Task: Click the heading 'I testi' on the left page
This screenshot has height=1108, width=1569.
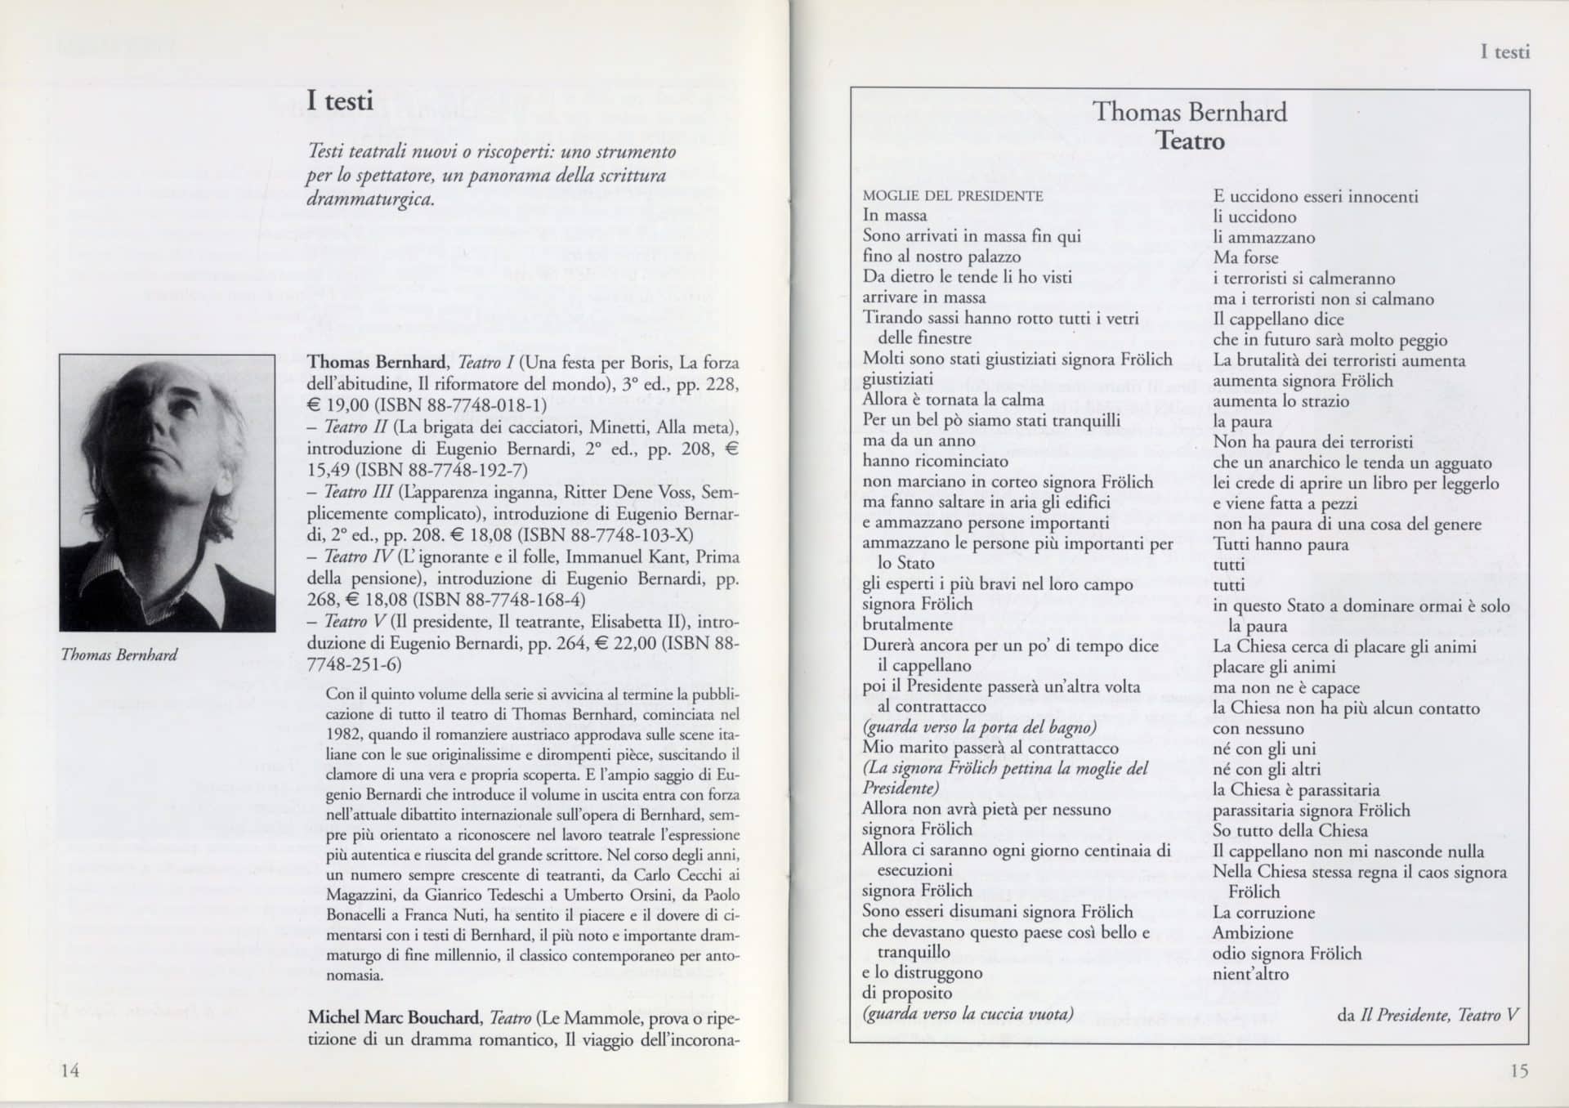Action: [340, 101]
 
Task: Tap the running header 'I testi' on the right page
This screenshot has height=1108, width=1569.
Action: [1504, 52]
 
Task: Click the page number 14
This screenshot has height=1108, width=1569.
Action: [70, 1070]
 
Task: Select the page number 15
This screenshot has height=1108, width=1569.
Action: [1518, 1070]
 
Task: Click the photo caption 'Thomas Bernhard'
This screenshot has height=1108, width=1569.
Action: [119, 655]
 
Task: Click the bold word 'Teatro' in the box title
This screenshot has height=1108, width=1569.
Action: [1190, 141]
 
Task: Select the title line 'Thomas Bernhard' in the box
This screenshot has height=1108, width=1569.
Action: [1190, 112]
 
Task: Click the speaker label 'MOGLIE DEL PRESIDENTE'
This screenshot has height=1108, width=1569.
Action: [953, 196]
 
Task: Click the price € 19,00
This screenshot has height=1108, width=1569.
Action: [337, 405]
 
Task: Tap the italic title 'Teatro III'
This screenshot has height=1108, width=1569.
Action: [358, 492]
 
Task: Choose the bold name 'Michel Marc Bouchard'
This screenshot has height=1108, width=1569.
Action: [394, 1017]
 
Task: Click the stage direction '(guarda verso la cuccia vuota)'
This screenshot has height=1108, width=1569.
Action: [968, 1014]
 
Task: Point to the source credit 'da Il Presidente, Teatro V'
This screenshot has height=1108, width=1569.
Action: [1428, 1015]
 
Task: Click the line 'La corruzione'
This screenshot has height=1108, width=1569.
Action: [1263, 913]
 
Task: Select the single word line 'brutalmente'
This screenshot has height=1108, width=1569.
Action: [907, 625]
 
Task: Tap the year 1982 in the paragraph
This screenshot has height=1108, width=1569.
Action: [344, 735]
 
